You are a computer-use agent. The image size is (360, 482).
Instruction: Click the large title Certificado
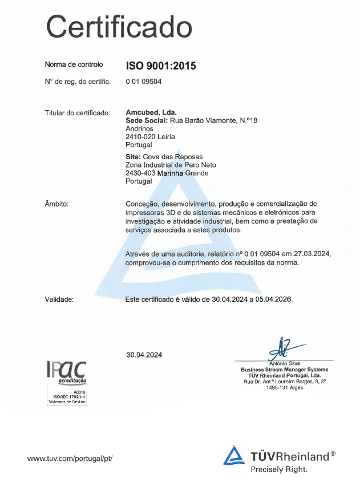[x=118, y=26]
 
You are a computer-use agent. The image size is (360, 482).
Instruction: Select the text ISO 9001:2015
[x=161, y=66]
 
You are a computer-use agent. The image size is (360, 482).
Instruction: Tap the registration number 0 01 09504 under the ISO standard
[x=144, y=82]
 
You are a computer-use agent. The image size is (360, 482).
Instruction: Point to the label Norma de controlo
[x=74, y=64]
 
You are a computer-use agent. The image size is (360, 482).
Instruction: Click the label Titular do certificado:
[x=78, y=113]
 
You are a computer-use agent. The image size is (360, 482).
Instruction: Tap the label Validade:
[x=59, y=298]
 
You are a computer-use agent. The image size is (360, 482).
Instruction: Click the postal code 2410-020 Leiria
[x=149, y=137]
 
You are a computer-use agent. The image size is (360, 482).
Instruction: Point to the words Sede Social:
[x=146, y=121]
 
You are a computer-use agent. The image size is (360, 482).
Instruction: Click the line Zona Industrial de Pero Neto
[x=171, y=165]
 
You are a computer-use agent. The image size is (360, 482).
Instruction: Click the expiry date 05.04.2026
[x=271, y=298]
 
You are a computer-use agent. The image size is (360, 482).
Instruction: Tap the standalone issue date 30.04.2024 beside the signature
[x=144, y=355]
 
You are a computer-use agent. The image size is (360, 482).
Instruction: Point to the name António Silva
[x=284, y=363]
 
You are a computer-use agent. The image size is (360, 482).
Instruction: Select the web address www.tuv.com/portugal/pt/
[x=70, y=457]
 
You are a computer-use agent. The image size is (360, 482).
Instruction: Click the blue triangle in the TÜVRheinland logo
[x=234, y=456]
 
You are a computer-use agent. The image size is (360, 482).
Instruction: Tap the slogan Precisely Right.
[x=279, y=469]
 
